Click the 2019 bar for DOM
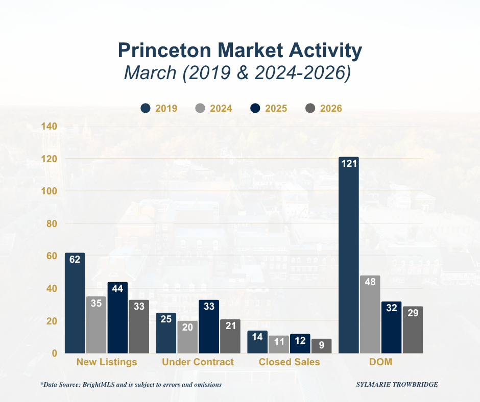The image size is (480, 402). (349, 255)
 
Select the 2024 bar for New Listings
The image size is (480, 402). (96, 325)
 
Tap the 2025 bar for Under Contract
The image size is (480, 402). (209, 326)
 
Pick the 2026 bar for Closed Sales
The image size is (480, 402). (322, 346)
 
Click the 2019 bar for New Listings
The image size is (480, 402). (75, 303)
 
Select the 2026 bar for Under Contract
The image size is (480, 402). (230, 336)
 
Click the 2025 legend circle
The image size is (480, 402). (255, 108)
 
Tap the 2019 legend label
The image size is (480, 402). (166, 108)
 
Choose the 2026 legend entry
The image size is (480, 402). (323, 108)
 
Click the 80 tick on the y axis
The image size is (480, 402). (51, 223)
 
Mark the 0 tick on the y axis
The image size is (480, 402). (54, 353)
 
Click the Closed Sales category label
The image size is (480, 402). (289, 362)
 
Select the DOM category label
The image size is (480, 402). (381, 362)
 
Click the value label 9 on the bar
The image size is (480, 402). (322, 345)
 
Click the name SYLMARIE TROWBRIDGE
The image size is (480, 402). (397, 384)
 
